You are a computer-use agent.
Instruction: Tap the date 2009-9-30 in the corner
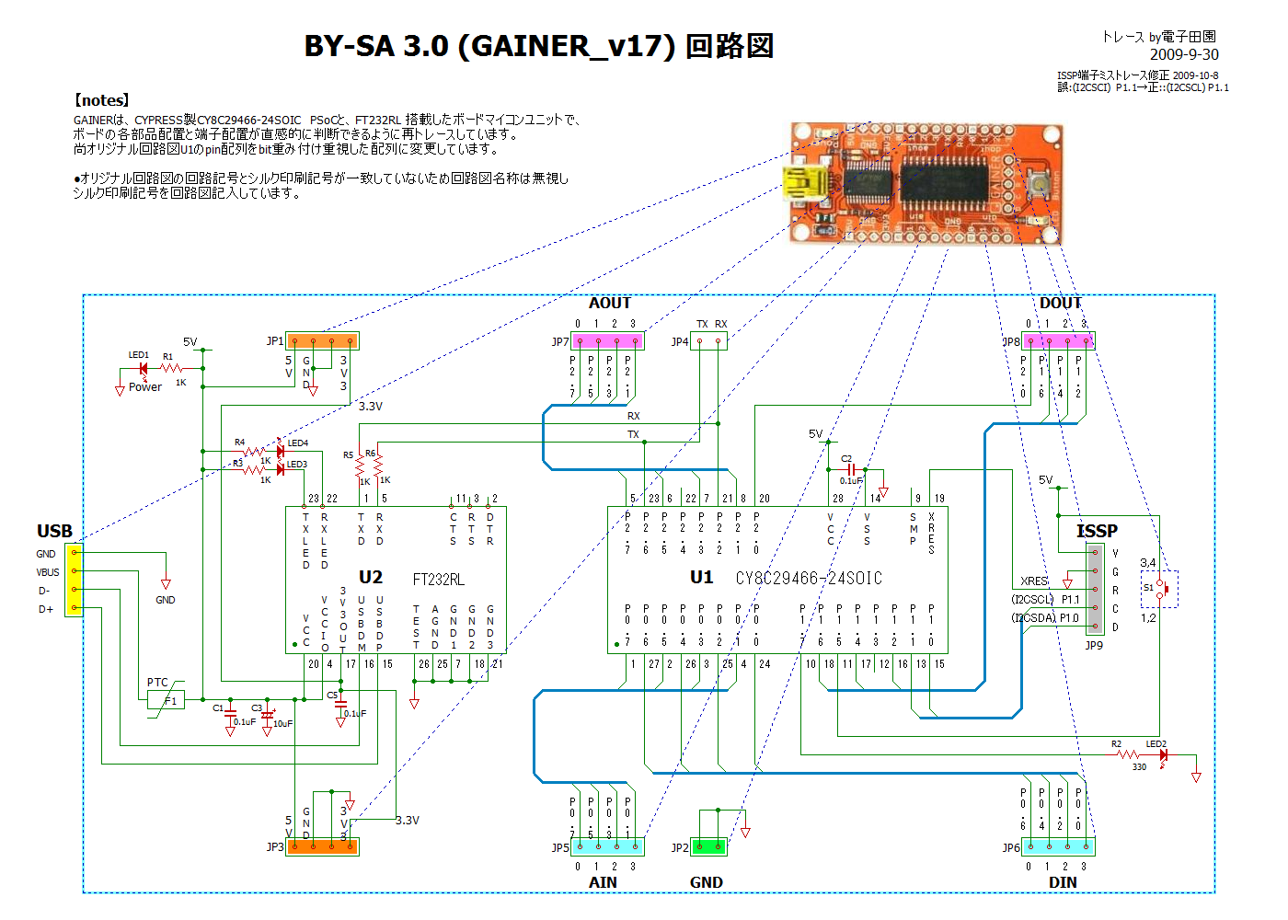click(1183, 54)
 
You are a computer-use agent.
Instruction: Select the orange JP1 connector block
click(322, 341)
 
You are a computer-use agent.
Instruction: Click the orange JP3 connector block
click(322, 846)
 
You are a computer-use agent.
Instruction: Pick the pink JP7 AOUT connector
click(607, 341)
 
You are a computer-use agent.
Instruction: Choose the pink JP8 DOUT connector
click(1058, 341)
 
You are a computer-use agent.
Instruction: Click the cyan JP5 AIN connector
click(607, 846)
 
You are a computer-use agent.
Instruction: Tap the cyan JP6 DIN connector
click(1058, 846)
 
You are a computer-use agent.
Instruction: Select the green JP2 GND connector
click(708, 846)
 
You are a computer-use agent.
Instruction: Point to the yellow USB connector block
click(74, 581)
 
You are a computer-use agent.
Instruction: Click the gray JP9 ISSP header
click(1095, 589)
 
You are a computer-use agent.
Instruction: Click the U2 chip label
click(370, 577)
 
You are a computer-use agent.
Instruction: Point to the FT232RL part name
click(438, 579)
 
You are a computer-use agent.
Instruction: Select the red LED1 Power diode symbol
click(142, 369)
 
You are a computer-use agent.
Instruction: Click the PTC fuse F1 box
click(166, 700)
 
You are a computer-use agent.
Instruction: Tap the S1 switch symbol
click(1161, 588)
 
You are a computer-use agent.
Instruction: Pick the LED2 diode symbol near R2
click(1163, 755)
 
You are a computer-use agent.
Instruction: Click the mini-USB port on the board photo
click(802, 183)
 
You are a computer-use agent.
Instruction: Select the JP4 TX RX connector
click(708, 341)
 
